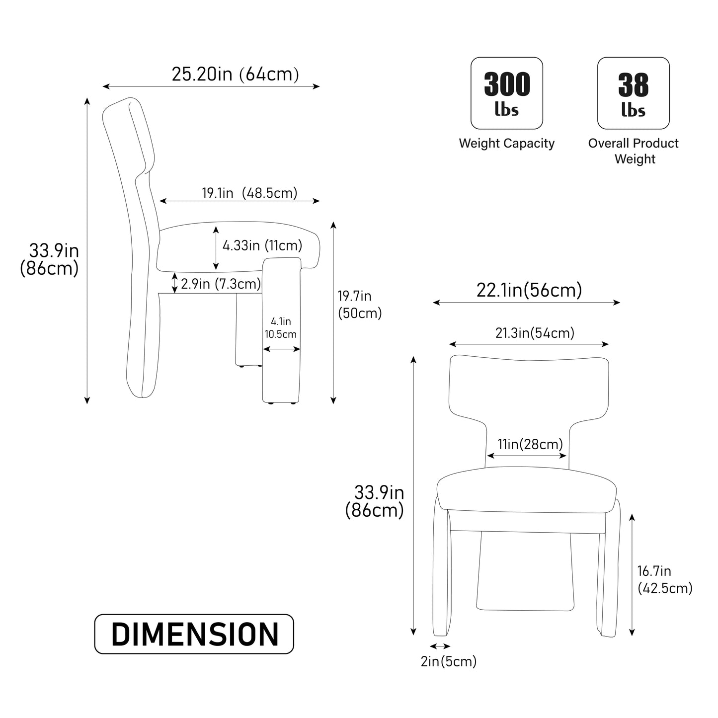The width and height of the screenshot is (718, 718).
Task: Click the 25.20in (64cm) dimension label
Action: pyautogui.click(x=235, y=75)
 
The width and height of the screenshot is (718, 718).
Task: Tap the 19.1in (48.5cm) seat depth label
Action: pyautogui.click(x=249, y=193)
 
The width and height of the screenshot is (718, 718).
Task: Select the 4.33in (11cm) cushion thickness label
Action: pyautogui.click(x=262, y=245)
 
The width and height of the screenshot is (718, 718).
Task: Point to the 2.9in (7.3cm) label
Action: pyautogui.click(x=221, y=284)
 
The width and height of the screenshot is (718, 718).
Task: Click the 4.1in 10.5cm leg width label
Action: pyautogui.click(x=281, y=328)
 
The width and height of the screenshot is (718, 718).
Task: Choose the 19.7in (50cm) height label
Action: pyautogui.click(x=359, y=305)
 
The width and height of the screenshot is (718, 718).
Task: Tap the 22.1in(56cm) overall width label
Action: pyautogui.click(x=529, y=290)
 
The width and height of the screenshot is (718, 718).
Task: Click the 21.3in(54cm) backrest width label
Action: pyautogui.click(x=535, y=333)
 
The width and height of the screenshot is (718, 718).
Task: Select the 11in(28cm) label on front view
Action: pyautogui.click(x=530, y=444)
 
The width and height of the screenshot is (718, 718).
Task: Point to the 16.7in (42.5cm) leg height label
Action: pyautogui.click(x=664, y=579)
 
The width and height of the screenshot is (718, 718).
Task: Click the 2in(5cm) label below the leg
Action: pyautogui.click(x=449, y=662)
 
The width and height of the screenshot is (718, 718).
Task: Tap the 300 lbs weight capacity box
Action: pyautogui.click(x=506, y=93)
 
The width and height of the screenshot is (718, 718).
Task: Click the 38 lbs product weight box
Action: pyautogui.click(x=633, y=93)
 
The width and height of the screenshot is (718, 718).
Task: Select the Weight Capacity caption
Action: pyautogui.click(x=506, y=144)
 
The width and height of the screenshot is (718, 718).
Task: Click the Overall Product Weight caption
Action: pyautogui.click(x=634, y=151)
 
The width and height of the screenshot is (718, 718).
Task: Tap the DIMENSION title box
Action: pyautogui.click(x=194, y=634)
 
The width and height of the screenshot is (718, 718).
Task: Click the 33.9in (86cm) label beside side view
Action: pyautogui.click(x=50, y=259)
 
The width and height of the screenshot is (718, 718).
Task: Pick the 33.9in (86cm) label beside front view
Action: pyautogui.click(x=375, y=501)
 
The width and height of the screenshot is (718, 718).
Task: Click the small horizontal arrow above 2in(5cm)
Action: pyautogui.click(x=440, y=646)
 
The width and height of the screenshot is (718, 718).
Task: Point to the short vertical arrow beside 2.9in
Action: pyautogui.click(x=174, y=283)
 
